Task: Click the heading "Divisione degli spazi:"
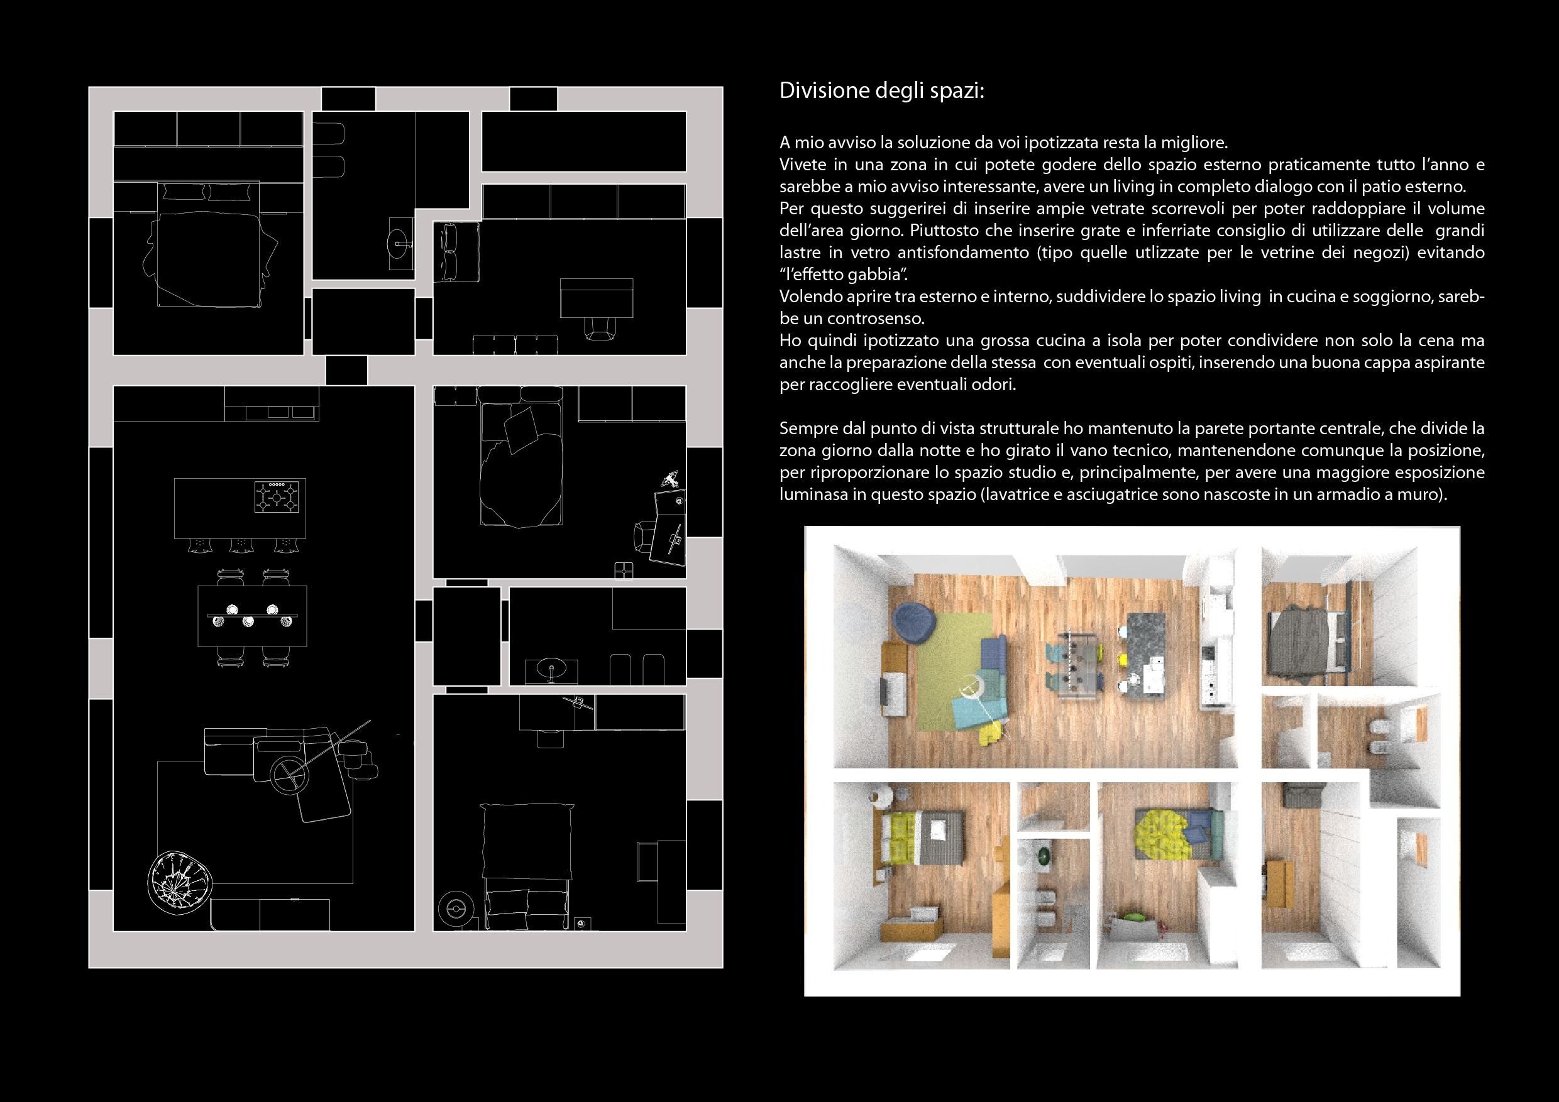(x=881, y=91)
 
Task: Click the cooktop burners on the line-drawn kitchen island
(x=277, y=497)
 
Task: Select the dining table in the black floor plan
(x=252, y=616)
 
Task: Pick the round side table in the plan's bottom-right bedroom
(x=456, y=908)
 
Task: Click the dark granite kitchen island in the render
(x=1146, y=655)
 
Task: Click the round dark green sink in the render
(x=1043, y=856)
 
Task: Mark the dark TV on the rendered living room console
(x=884, y=692)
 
